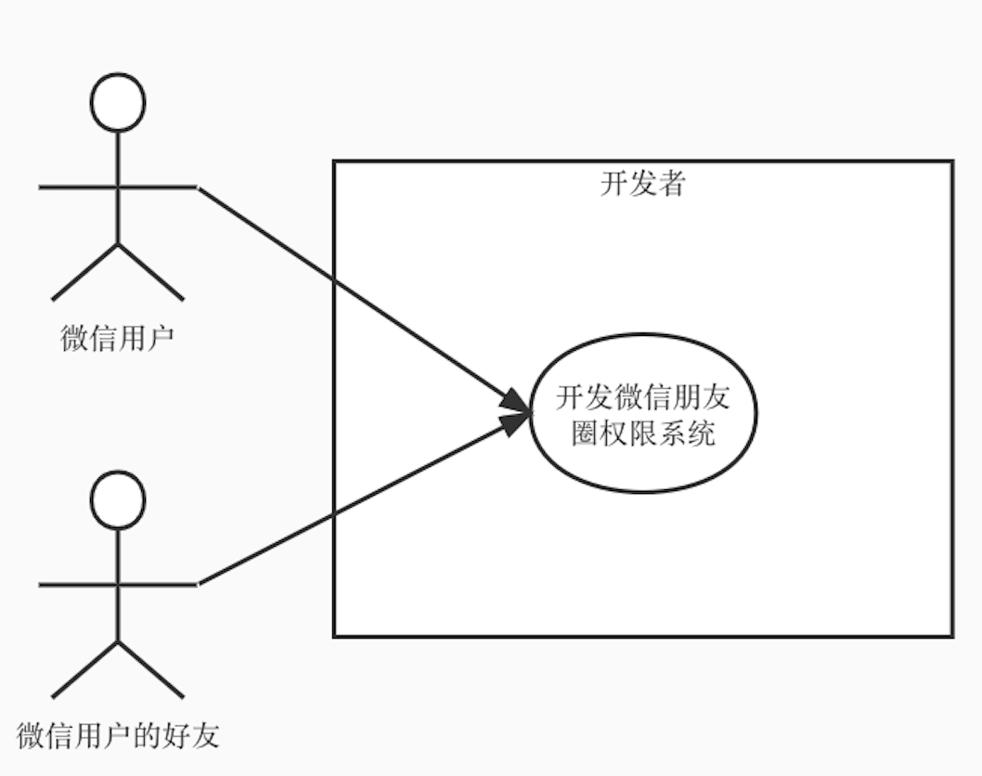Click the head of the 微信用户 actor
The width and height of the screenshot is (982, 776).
[x=118, y=101]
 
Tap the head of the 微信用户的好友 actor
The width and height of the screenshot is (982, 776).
[x=118, y=499]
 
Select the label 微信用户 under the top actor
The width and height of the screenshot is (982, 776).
[x=118, y=338]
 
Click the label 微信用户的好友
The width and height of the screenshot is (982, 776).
[x=118, y=735]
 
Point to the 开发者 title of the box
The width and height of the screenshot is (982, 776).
[x=642, y=184]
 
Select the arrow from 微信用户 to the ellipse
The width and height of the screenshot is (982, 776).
[x=362, y=298]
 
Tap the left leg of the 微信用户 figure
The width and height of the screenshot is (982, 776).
[x=85, y=272]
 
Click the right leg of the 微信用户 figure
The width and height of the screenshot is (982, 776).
[x=151, y=272]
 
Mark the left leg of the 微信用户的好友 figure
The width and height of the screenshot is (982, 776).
[x=85, y=669]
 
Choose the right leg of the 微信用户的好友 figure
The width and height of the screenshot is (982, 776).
[x=151, y=669]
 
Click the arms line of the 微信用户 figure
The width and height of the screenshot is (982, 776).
[x=74, y=187]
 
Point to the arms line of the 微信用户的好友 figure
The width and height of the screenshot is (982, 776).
[x=74, y=585]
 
